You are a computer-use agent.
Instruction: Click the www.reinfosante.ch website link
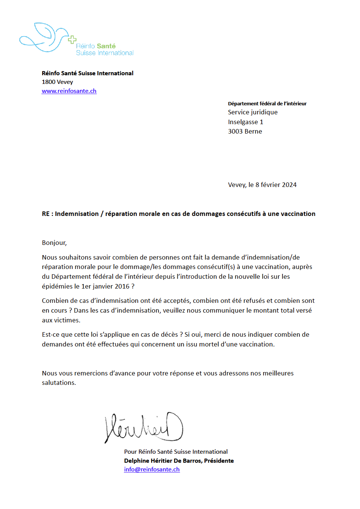[x=69, y=91]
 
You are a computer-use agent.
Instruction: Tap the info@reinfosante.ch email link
[x=152, y=469]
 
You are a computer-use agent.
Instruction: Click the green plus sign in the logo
[x=72, y=40]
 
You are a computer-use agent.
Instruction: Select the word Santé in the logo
[x=106, y=46]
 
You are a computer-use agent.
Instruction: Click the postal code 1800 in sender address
[x=49, y=82]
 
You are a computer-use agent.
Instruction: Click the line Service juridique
[x=253, y=112]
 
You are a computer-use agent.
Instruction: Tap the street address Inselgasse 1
[x=246, y=122]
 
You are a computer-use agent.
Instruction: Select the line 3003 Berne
[x=245, y=131]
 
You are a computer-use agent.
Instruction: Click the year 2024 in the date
[x=289, y=185]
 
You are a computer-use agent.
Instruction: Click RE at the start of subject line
[x=46, y=214]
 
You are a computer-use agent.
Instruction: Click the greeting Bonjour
[x=54, y=243]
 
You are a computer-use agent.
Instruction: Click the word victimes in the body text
[x=67, y=320]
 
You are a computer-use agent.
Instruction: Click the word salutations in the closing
[x=58, y=383]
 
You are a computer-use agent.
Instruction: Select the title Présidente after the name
[x=219, y=460]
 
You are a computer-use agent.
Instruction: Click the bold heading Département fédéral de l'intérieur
[x=267, y=103]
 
